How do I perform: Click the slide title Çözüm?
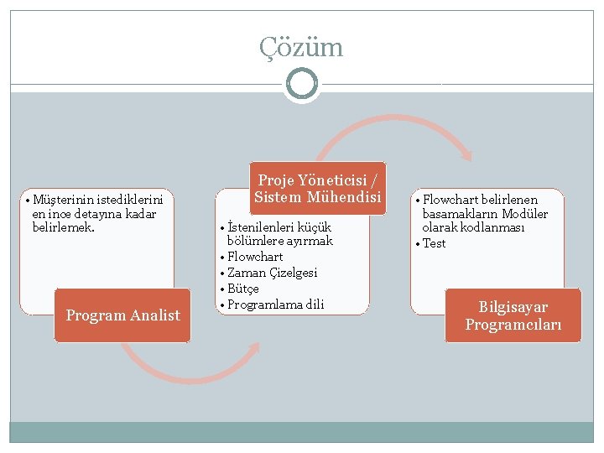pyautogui.click(x=301, y=47)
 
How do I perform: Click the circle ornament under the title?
pyautogui.click(x=301, y=84)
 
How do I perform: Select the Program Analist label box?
pyautogui.click(x=122, y=315)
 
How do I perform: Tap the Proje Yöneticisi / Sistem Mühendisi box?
pyautogui.click(x=317, y=189)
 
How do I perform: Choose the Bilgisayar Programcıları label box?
pyautogui.click(x=513, y=315)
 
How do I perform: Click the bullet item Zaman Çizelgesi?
pyautogui.click(x=272, y=273)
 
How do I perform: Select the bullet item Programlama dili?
pyautogui.click(x=275, y=304)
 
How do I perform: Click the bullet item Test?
pyautogui.click(x=434, y=243)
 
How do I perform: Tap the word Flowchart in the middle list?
pyautogui.click(x=255, y=257)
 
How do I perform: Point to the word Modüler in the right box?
pyautogui.click(x=525, y=214)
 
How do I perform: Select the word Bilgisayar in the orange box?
pyautogui.click(x=513, y=307)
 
